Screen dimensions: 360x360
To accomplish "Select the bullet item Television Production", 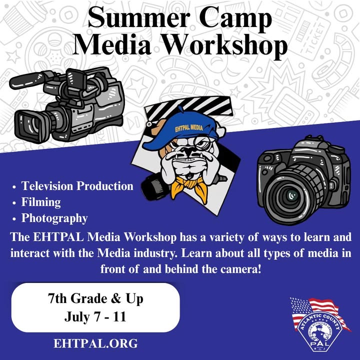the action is pos(77,185).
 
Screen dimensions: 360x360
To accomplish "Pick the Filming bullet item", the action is pos(41,202).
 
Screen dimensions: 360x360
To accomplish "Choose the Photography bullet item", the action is pos(54,218).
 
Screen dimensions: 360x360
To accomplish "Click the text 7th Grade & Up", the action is pos(95,299).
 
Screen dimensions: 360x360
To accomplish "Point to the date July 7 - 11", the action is pos(95,317).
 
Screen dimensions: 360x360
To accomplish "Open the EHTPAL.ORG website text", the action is pos(95,343).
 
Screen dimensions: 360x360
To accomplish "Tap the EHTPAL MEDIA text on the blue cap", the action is pos(189,127).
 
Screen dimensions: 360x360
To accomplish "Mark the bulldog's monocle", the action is pos(203,143).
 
